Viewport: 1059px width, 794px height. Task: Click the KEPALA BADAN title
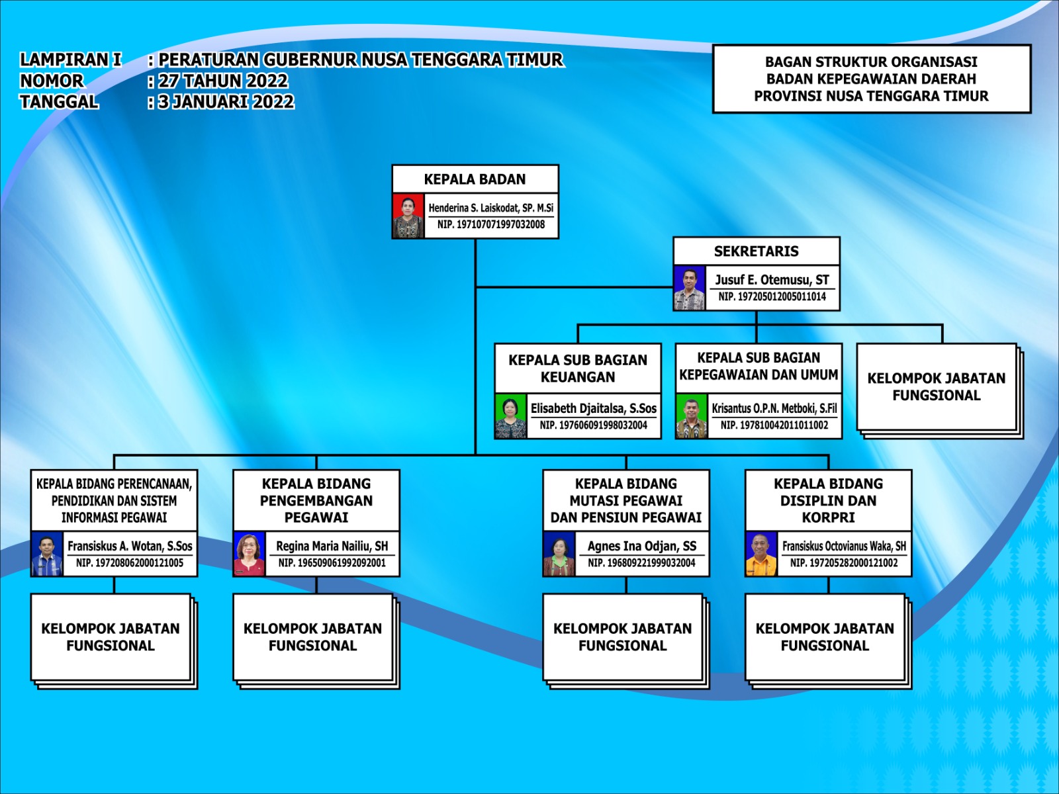(x=475, y=179)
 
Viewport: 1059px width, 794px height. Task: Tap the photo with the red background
(x=408, y=216)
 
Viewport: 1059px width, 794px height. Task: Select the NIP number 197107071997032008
(x=491, y=225)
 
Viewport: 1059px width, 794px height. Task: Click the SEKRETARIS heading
(x=756, y=251)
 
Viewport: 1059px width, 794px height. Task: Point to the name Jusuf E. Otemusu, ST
(x=772, y=280)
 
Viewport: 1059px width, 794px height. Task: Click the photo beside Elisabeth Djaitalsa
(x=510, y=416)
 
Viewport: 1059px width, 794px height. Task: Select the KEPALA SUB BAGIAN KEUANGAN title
(x=578, y=369)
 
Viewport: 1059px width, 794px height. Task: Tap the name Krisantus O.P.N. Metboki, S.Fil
(x=774, y=408)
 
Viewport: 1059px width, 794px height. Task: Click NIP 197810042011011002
(x=774, y=425)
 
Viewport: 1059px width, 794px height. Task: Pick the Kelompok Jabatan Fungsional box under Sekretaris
(x=937, y=386)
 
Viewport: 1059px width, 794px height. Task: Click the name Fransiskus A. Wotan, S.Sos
(x=130, y=547)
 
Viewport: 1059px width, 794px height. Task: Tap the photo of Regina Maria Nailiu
(x=249, y=554)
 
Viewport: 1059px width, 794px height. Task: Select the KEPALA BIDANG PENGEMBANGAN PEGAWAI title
(x=316, y=500)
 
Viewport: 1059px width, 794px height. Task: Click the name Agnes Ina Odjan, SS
(x=641, y=547)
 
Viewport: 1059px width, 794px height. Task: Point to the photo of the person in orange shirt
(x=761, y=554)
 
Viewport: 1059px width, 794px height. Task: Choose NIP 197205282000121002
(x=844, y=563)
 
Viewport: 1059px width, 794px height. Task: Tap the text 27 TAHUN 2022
(x=223, y=81)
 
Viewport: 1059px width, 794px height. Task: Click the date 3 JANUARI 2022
(x=226, y=102)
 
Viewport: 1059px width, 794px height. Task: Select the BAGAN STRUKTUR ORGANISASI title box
(x=871, y=79)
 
